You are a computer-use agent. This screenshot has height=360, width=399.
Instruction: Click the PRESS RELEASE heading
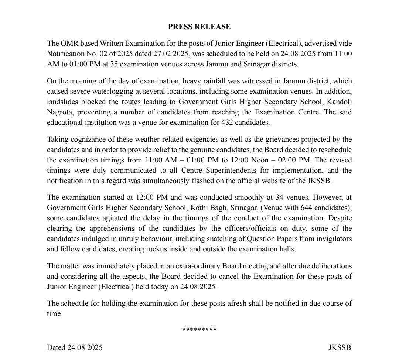(199, 27)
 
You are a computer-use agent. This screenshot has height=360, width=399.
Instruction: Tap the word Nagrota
(60, 112)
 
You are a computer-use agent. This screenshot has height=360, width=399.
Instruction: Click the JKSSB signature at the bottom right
(340, 347)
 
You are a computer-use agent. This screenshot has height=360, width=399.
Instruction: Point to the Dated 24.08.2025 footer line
(75, 347)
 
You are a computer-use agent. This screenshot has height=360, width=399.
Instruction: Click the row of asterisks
(199, 330)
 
